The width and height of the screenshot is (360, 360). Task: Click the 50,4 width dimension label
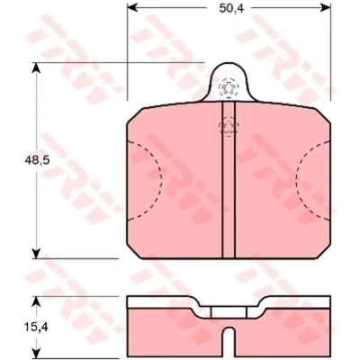[228, 8]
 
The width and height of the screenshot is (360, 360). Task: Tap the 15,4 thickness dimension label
[37, 328]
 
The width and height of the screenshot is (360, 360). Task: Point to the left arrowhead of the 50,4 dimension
[132, 8]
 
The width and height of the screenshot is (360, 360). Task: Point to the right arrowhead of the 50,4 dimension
[325, 8]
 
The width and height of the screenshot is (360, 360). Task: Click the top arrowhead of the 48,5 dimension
[36, 67]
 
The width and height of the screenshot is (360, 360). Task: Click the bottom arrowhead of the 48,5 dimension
[36, 253]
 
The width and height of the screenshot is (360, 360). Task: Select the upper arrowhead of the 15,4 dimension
[36, 301]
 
